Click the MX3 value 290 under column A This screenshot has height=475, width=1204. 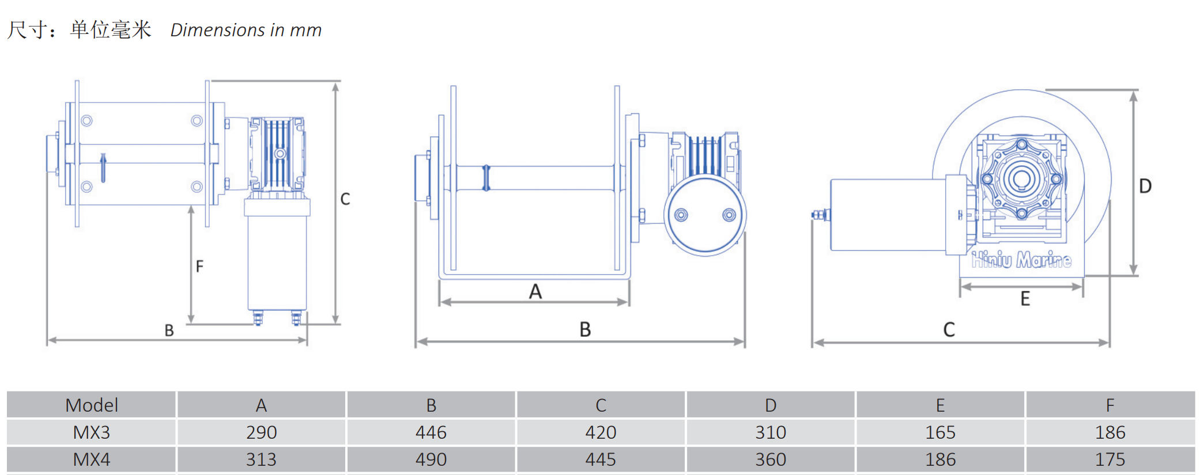[261, 432]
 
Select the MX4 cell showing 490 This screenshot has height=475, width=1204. [431, 459]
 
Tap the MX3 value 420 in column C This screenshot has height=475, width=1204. [601, 432]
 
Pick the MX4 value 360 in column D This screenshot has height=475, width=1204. [771, 459]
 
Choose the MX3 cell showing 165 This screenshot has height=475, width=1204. [940, 432]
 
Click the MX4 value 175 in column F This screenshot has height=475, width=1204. [1110, 459]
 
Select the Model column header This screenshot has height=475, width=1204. [92, 405]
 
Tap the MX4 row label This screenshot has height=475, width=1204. [92, 459]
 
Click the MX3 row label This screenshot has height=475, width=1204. [92, 432]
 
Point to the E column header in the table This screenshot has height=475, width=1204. [940, 405]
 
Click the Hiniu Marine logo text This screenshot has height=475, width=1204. [1021, 260]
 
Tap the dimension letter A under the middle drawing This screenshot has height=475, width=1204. [535, 291]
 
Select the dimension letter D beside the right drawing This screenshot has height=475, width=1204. [1145, 186]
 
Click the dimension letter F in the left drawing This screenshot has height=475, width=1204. [199, 266]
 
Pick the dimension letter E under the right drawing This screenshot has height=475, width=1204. [1025, 298]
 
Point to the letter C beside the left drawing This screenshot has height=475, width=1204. [345, 199]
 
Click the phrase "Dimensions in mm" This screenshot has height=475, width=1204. [246, 30]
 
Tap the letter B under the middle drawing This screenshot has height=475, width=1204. [585, 329]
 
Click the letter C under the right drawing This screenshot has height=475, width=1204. [949, 329]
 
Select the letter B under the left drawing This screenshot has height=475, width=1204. [169, 330]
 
